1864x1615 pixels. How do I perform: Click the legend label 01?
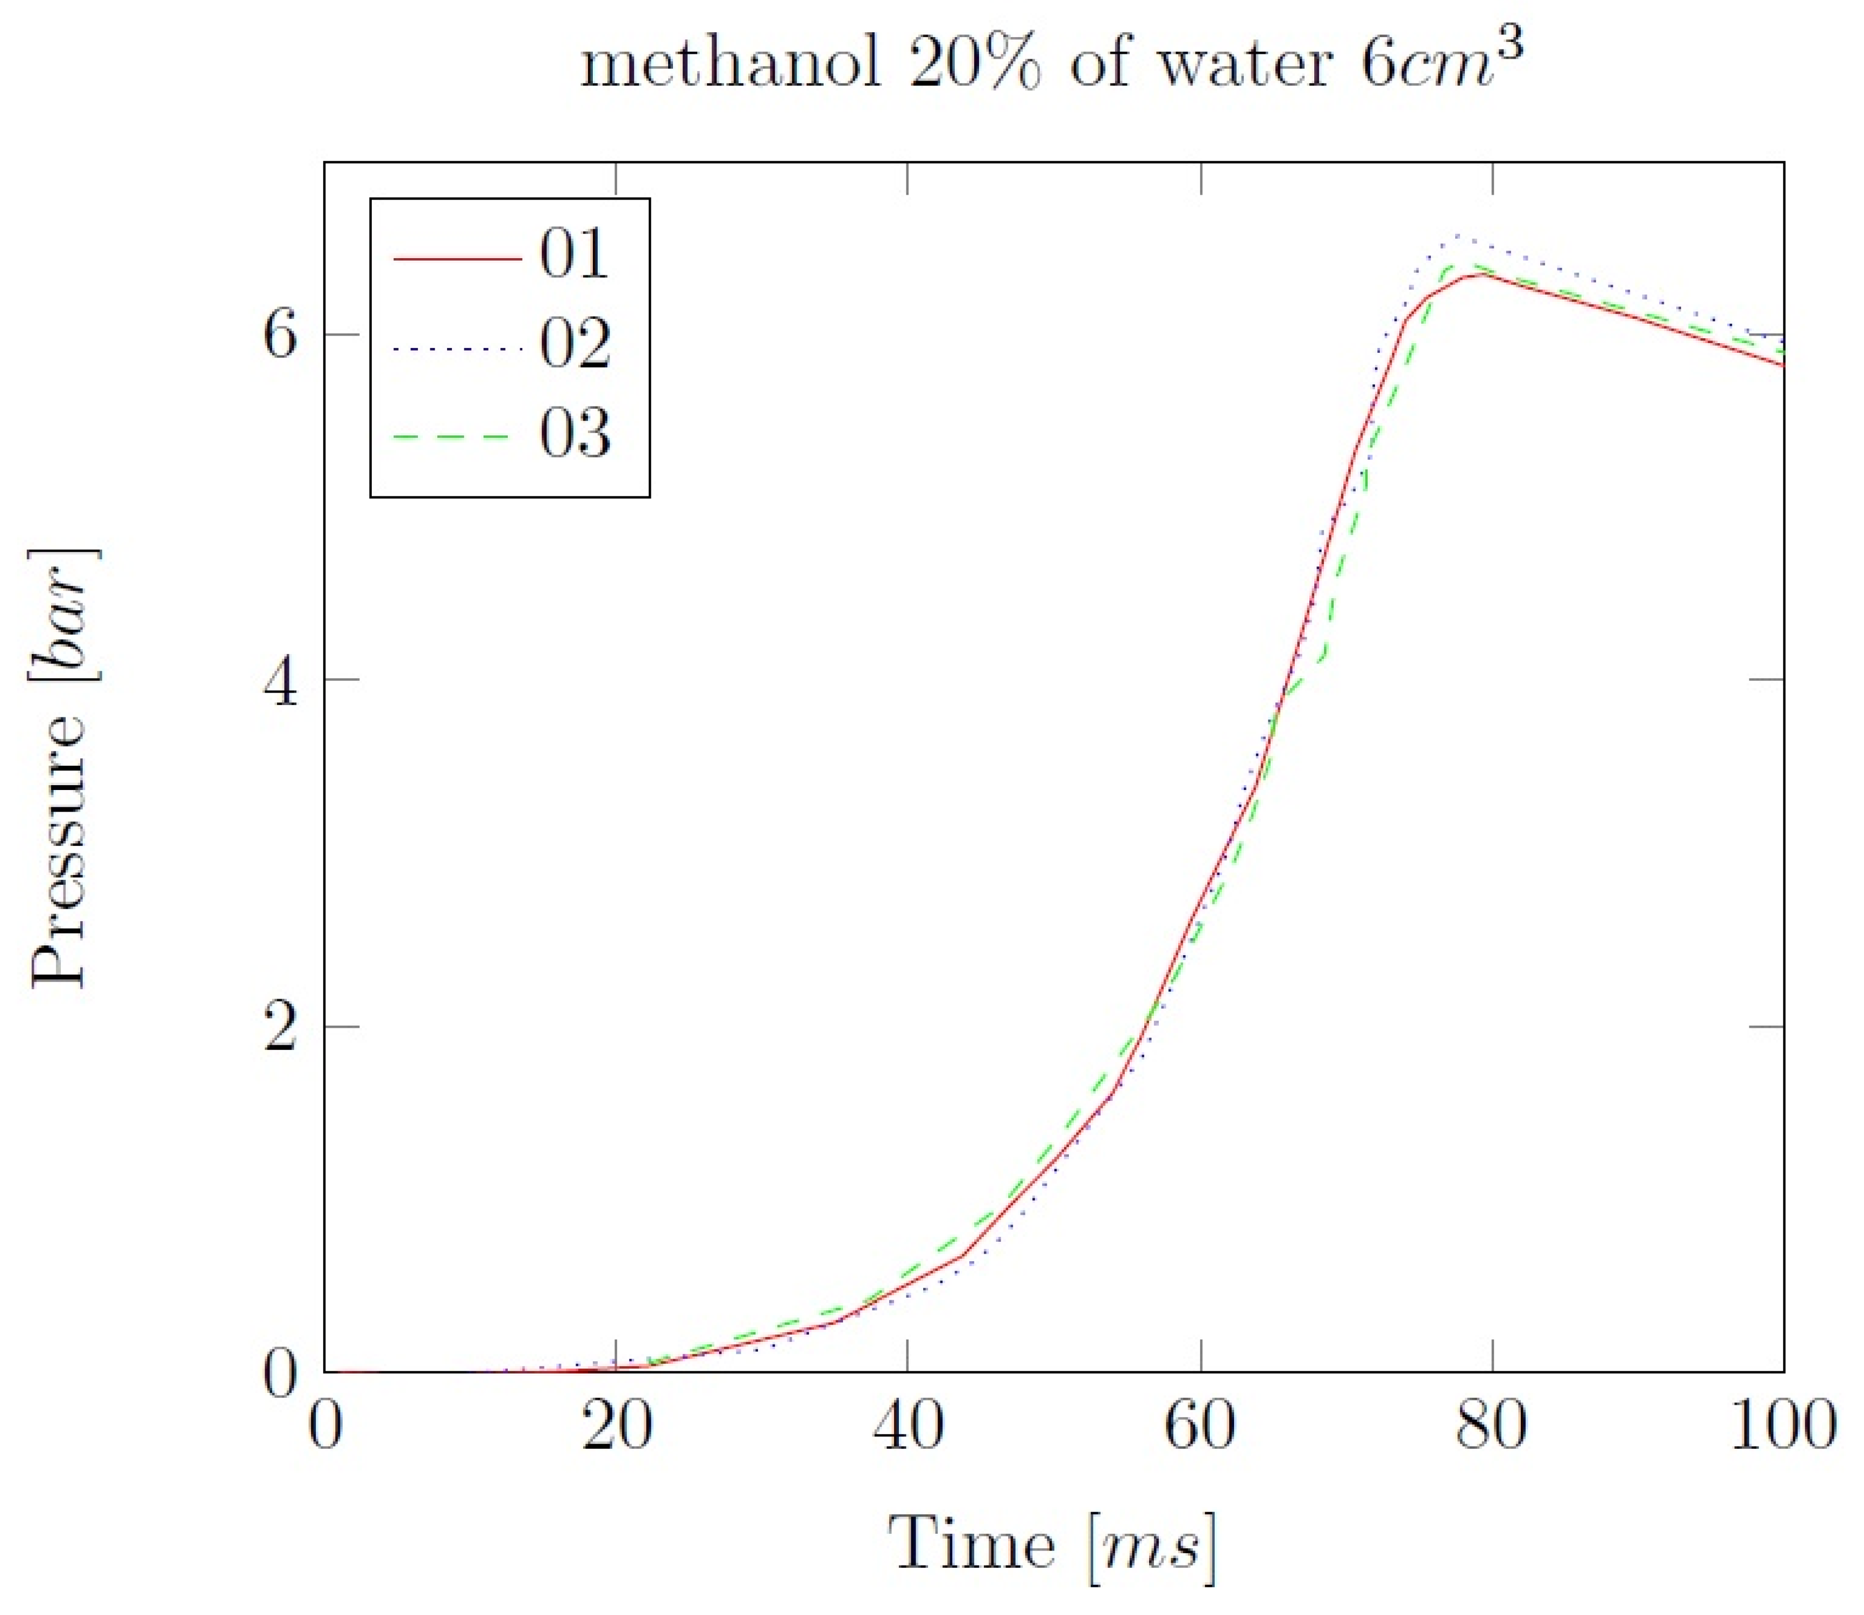(574, 255)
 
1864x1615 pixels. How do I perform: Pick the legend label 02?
(574, 345)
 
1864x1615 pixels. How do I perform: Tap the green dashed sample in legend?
(458, 438)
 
